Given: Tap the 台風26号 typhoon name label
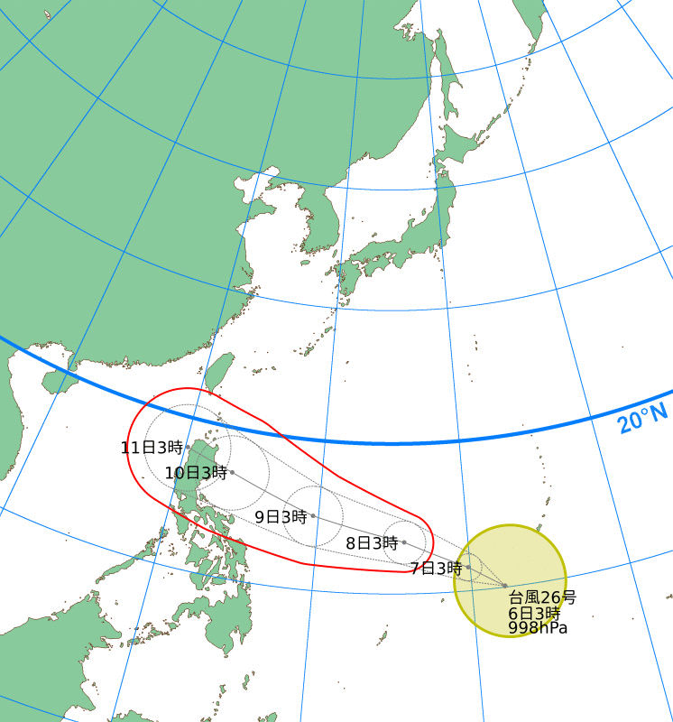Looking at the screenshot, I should tap(542, 597).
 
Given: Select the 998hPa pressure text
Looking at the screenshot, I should tap(538, 627).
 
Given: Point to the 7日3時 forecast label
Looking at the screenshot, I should tap(436, 569).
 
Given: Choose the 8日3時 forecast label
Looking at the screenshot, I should tap(372, 543).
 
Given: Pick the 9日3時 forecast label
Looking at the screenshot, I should tap(281, 517).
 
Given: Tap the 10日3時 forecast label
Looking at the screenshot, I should tap(196, 473).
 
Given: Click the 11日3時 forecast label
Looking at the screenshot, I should tap(152, 447).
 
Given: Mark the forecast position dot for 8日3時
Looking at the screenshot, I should tap(403, 542).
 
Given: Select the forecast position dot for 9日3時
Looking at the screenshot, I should tap(313, 516).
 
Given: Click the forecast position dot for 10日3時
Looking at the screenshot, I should tap(232, 472).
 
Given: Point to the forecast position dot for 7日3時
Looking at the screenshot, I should tap(468, 568).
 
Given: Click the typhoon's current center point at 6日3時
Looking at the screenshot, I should tap(505, 586).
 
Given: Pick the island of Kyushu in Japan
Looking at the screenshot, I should tap(348, 283).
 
